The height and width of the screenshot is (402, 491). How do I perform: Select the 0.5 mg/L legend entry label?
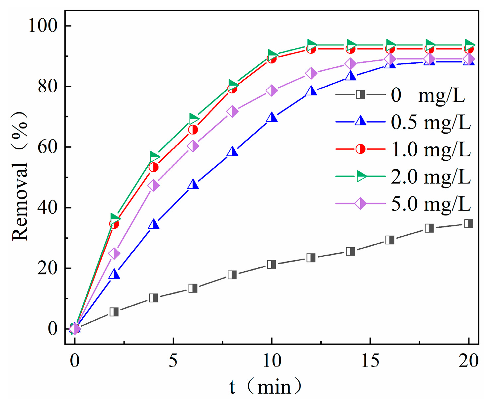coord(431,122)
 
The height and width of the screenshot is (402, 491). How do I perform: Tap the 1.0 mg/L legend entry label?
coord(431,150)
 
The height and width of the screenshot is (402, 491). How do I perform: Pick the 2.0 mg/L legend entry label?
coord(431,177)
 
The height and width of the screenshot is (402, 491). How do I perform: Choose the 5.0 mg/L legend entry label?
coord(431,204)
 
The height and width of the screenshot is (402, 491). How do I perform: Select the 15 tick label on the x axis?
coord(370,361)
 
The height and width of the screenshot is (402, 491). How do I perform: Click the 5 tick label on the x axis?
coord(173,361)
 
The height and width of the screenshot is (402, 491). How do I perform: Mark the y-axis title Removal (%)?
coord(20,176)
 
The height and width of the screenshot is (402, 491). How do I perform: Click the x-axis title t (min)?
coord(266,387)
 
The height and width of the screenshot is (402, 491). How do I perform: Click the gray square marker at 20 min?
coord(468,223)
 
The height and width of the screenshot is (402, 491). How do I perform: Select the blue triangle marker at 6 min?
coord(193,184)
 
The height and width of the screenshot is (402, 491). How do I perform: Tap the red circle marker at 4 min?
coord(153,167)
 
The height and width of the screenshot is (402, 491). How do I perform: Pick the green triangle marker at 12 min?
coord(311,44)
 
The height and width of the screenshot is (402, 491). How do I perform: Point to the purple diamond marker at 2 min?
coord(114,254)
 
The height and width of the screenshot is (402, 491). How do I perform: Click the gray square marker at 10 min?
coord(272,264)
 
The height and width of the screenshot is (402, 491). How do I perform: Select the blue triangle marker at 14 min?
coord(351,76)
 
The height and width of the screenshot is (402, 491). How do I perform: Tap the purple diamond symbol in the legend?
coord(361,203)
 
